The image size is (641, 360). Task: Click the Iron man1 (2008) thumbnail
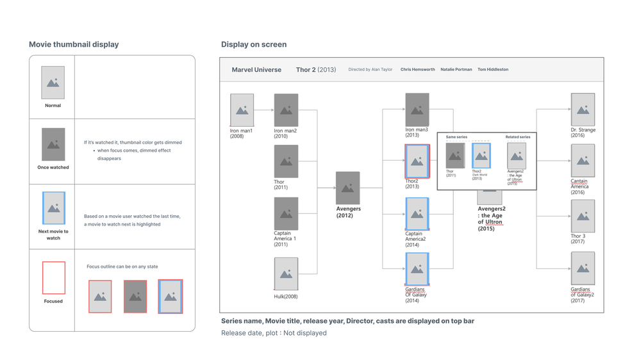pos(242,110)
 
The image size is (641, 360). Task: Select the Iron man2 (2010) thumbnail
pos(286,110)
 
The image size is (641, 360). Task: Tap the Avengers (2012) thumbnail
pos(347,188)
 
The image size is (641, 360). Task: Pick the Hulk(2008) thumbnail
pos(286,274)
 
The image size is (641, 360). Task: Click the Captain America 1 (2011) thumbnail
pos(286,213)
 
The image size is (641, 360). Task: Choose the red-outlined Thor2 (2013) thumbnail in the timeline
pos(417,161)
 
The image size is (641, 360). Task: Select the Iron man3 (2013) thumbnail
pos(417,110)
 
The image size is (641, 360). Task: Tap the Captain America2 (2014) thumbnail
pos(417,213)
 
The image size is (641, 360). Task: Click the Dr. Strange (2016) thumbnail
pos(583,110)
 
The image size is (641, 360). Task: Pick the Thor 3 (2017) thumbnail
pos(583,216)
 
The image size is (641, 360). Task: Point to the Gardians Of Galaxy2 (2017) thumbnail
pos(583,268)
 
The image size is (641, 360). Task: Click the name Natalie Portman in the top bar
pos(456,69)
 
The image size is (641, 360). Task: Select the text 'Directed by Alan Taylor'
pos(370,69)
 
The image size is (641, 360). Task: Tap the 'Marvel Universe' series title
pos(256,69)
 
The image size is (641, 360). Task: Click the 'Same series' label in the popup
pos(456,137)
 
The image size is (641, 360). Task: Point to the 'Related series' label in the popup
pos(517,137)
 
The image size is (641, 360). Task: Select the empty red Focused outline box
pos(54,277)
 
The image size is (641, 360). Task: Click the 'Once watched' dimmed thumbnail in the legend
pos(53,144)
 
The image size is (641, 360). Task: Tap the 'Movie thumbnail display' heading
pos(74,44)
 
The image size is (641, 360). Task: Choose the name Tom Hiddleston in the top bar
pos(493,69)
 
